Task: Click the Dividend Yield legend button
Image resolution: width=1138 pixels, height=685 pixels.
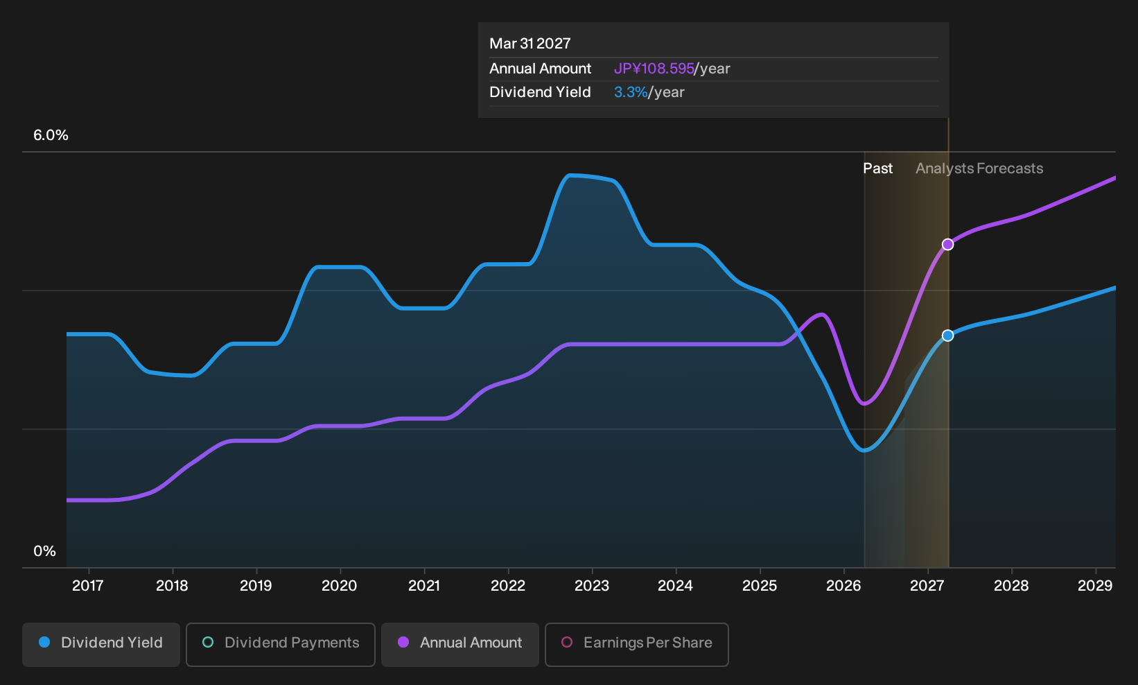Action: coord(101,644)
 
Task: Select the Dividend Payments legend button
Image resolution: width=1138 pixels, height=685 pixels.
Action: coord(281,644)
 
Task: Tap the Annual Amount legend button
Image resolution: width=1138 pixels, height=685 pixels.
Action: coord(459,644)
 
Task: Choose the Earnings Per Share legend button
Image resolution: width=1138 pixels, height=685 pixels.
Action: coord(636,644)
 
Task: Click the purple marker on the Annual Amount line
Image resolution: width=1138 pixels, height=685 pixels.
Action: coord(947,245)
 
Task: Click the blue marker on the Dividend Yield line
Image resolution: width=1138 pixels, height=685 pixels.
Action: coord(947,336)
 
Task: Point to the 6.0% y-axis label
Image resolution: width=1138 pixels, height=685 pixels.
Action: coord(51,135)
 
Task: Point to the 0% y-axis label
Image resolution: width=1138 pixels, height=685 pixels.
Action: coord(45,551)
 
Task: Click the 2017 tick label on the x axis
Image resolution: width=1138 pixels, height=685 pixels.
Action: coord(88,586)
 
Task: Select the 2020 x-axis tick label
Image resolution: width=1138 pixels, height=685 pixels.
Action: coord(340,586)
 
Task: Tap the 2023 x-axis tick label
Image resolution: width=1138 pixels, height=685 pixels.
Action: coord(592,586)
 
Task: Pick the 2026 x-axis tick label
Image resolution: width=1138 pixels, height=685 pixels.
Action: coord(843,586)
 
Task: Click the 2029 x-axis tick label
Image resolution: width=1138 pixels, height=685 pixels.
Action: coord(1095,586)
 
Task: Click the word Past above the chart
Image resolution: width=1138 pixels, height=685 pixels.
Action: coord(878,168)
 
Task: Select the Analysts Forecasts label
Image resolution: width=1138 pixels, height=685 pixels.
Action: coord(979,168)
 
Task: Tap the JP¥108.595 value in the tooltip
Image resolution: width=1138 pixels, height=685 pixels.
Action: coord(654,69)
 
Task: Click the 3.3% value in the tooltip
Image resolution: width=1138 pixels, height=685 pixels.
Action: coord(631,92)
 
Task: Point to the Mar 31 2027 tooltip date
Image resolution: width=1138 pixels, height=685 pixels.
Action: coord(530,44)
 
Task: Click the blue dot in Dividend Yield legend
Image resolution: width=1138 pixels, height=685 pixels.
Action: coord(45,642)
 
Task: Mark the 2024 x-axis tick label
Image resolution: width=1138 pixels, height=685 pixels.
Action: coord(675,586)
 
